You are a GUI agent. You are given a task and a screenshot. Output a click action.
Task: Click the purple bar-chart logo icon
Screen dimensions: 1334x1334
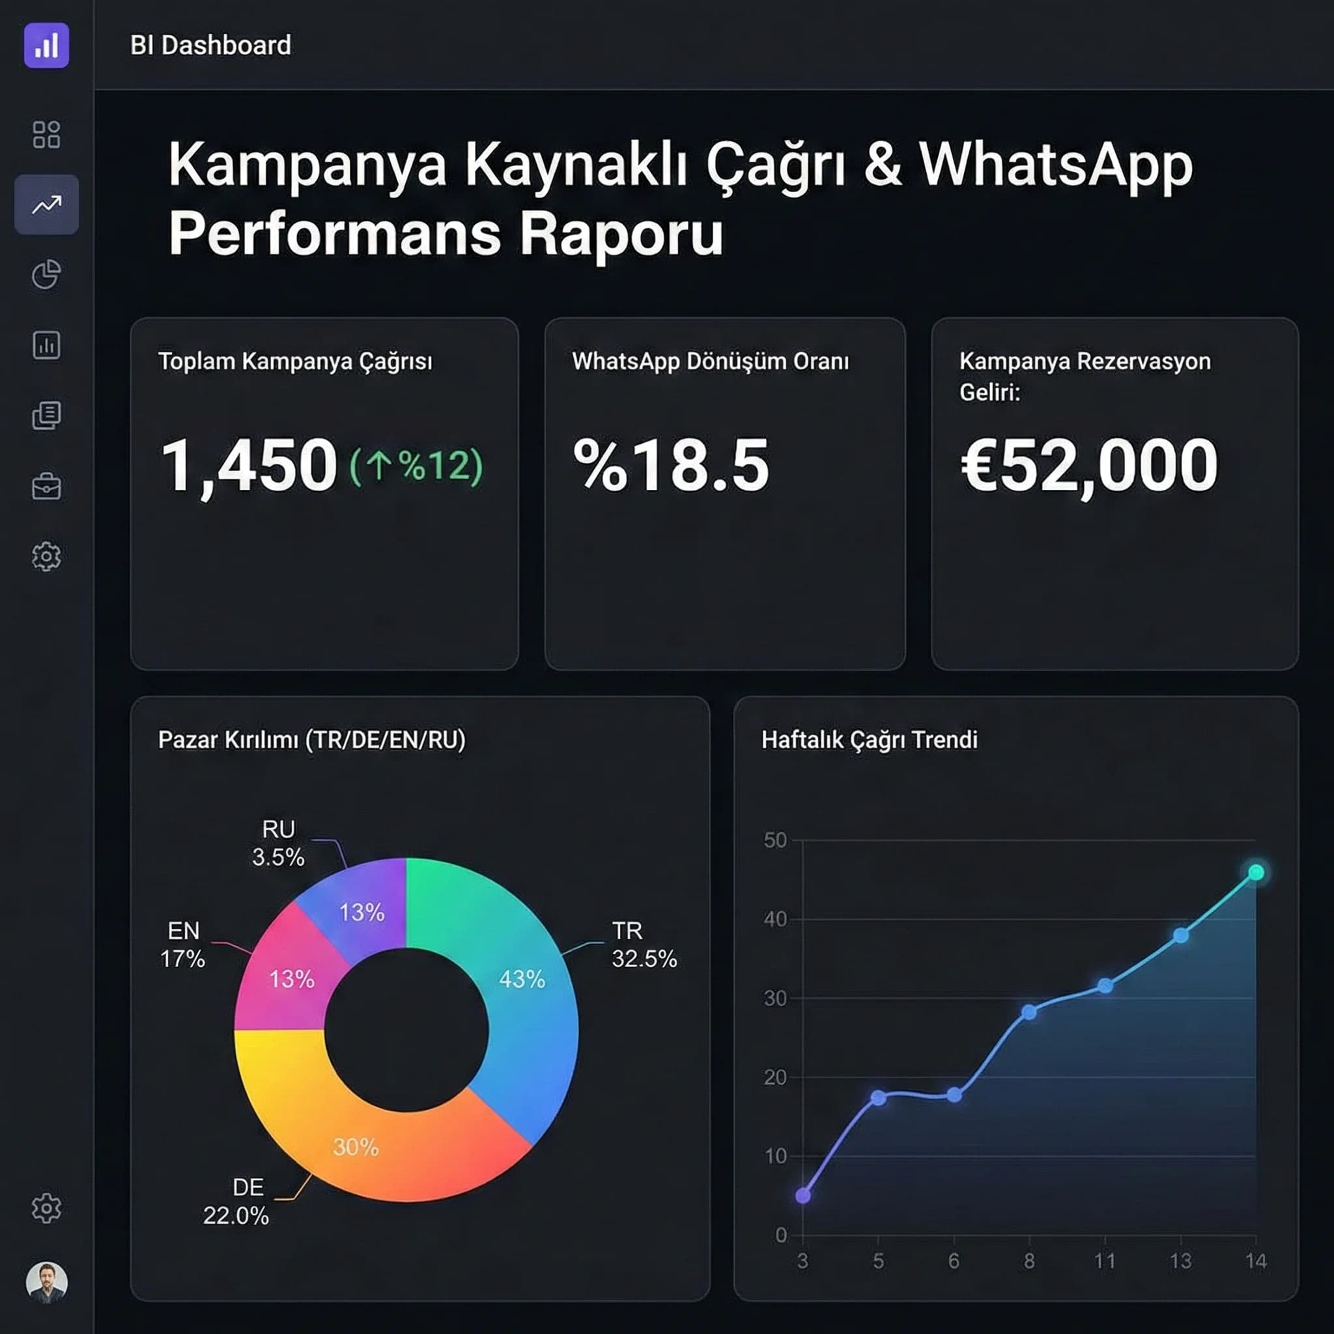pyautogui.click(x=46, y=46)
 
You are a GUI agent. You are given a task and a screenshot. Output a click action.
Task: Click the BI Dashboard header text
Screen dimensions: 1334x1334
pyautogui.click(x=210, y=46)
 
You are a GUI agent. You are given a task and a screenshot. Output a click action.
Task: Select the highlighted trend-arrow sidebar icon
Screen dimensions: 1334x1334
pyautogui.click(x=46, y=205)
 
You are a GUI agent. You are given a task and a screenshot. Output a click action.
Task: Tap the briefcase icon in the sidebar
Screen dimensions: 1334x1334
pyautogui.click(x=46, y=486)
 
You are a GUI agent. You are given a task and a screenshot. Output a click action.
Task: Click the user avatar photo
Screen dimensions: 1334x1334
pyautogui.click(x=46, y=1281)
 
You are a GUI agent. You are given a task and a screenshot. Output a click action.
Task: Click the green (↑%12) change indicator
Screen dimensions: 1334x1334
pyautogui.click(x=416, y=467)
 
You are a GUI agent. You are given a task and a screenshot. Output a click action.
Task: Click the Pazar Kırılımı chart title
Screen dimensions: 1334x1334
pyautogui.click(x=311, y=739)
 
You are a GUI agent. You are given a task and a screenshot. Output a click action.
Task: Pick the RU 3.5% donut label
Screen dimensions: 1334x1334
pyautogui.click(x=277, y=843)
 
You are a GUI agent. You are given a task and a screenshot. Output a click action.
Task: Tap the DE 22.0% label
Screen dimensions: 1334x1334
pyautogui.click(x=236, y=1201)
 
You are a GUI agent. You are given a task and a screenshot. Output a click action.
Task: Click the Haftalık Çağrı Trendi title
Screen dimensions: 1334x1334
pyautogui.click(x=869, y=739)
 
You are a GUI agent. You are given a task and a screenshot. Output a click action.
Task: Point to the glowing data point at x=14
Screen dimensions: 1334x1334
pyautogui.click(x=1256, y=873)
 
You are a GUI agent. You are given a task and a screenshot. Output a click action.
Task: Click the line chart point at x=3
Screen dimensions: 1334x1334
pyautogui.click(x=803, y=1196)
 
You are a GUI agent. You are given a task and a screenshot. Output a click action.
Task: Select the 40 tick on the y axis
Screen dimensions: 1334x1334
pyautogui.click(x=774, y=919)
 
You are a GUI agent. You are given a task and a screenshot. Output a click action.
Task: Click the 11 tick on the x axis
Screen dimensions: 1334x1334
pyautogui.click(x=1105, y=1262)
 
